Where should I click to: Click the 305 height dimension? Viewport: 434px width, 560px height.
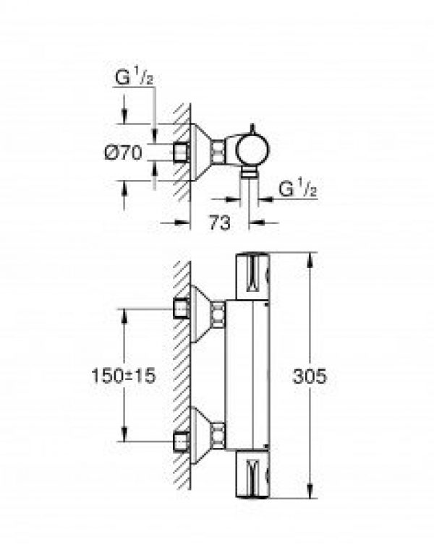310,376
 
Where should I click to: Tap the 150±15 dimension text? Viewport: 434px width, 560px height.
124,376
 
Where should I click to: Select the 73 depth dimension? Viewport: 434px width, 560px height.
219,223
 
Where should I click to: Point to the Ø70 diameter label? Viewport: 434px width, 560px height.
124,153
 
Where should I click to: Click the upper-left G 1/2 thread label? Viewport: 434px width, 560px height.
134,77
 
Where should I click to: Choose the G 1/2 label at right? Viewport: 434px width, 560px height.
298,189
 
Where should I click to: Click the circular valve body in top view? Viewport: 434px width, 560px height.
253,150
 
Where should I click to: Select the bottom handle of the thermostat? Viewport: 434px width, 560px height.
252,473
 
